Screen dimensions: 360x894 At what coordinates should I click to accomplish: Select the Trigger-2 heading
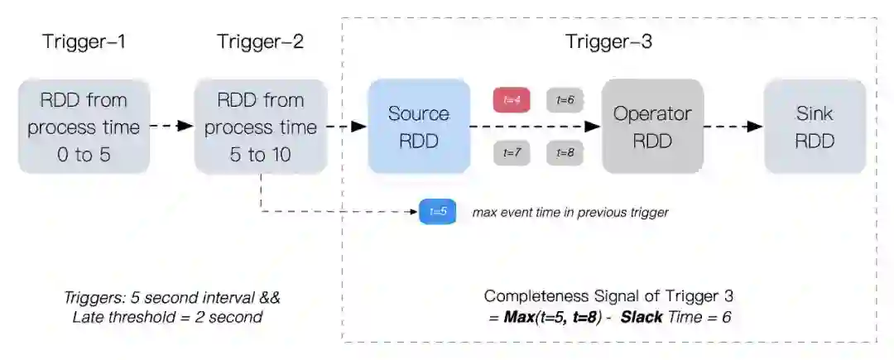point(260,41)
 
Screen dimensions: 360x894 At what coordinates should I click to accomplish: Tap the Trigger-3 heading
point(608,41)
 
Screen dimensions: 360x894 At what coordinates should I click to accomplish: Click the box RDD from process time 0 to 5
point(84,127)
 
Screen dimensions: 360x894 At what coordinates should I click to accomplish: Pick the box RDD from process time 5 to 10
point(260,127)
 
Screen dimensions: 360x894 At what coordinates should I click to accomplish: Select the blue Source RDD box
point(419,127)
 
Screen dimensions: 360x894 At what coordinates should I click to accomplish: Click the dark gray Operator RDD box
point(652,127)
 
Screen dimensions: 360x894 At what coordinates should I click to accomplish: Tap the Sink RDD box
point(815,127)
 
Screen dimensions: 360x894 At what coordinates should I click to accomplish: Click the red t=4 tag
point(512,100)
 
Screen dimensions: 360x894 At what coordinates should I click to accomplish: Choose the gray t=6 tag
point(565,100)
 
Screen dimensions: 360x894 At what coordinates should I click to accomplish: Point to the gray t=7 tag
point(512,153)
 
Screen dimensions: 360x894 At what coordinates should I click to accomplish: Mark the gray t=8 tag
point(565,153)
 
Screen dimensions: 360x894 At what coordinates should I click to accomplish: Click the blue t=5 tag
point(438,212)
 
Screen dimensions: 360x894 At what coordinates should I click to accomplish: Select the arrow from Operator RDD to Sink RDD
point(733,127)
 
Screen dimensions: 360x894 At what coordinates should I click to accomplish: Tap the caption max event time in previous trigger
point(570,213)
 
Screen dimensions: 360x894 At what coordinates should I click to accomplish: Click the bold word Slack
point(642,317)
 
